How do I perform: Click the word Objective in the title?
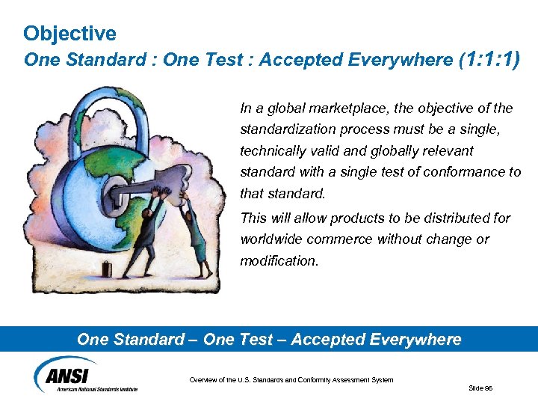[69, 34]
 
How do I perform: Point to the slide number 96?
[479, 388]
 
